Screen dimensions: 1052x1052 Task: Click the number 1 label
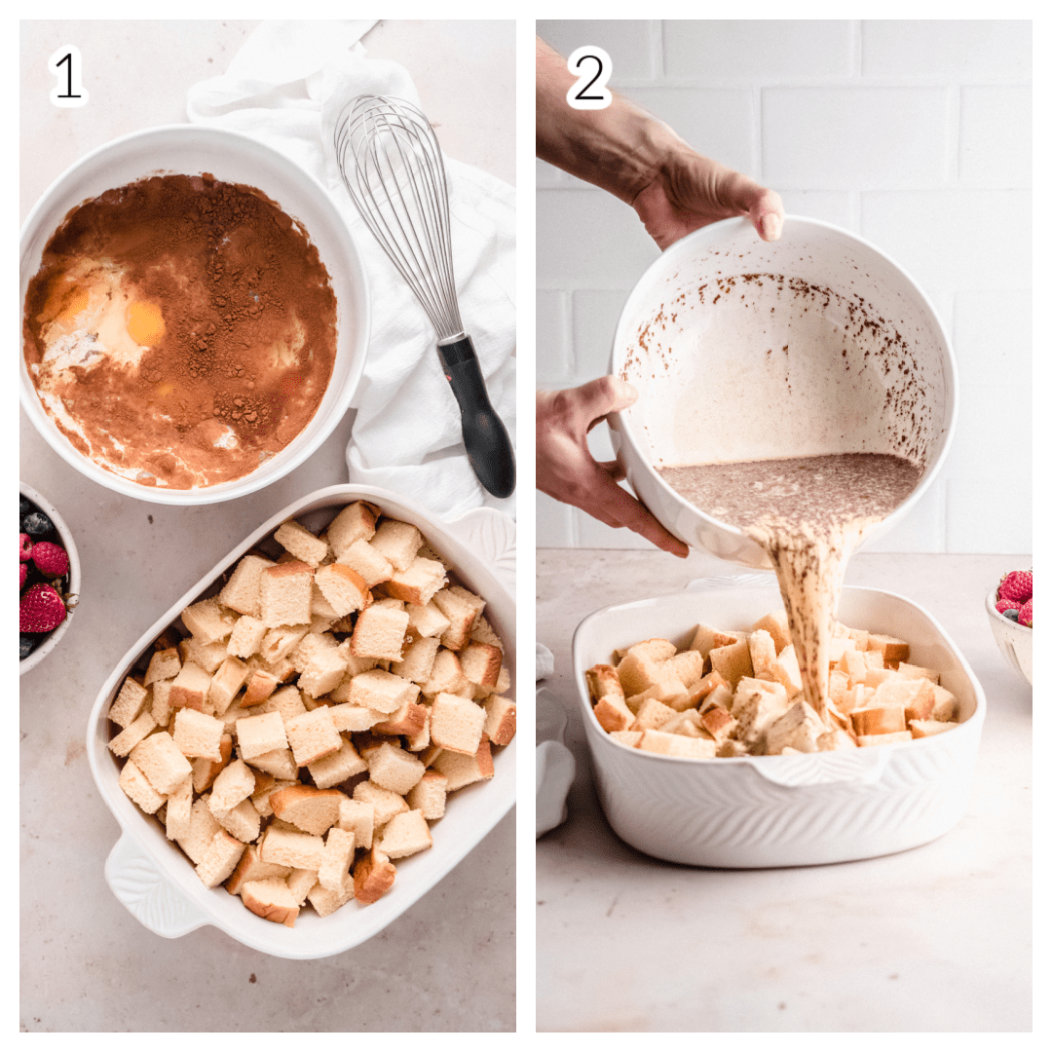(x=68, y=76)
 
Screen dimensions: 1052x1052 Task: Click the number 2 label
(x=588, y=77)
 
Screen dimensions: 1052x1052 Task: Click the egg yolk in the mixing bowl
(x=145, y=322)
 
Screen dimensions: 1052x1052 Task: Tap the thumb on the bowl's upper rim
(x=765, y=214)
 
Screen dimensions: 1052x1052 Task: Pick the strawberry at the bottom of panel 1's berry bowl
(x=42, y=608)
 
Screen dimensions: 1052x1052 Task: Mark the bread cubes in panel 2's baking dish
(x=771, y=697)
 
